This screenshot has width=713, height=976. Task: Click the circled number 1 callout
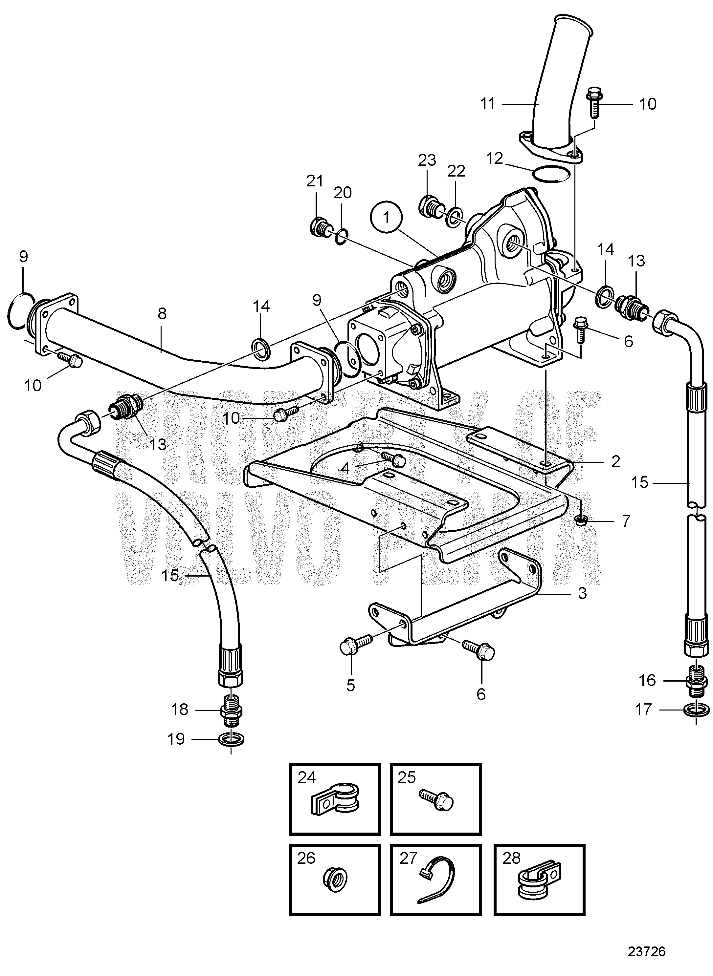click(x=386, y=218)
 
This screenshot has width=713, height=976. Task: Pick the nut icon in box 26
click(x=335, y=879)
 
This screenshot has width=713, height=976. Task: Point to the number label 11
click(x=488, y=104)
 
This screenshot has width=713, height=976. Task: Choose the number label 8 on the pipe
click(x=162, y=313)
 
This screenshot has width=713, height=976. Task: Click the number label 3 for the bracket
click(x=582, y=593)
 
